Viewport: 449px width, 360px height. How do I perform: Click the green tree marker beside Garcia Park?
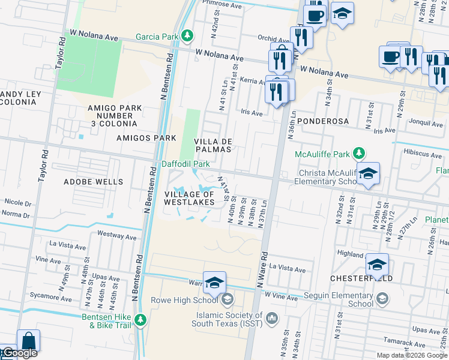point(187,37)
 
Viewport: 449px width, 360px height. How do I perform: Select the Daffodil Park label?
point(185,164)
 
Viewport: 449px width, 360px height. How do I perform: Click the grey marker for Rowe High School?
point(227,299)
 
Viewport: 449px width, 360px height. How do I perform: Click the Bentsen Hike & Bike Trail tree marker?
point(140,319)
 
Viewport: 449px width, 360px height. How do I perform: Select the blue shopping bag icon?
point(28,341)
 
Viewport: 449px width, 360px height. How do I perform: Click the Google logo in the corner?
point(19,353)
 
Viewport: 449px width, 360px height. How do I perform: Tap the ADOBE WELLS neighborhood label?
point(94,181)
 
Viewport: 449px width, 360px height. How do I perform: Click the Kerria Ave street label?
point(252,81)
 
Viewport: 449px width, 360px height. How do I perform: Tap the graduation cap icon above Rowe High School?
point(214,283)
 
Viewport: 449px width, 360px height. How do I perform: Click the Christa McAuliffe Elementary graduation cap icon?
point(368,173)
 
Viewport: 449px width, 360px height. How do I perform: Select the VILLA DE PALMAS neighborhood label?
point(212,145)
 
